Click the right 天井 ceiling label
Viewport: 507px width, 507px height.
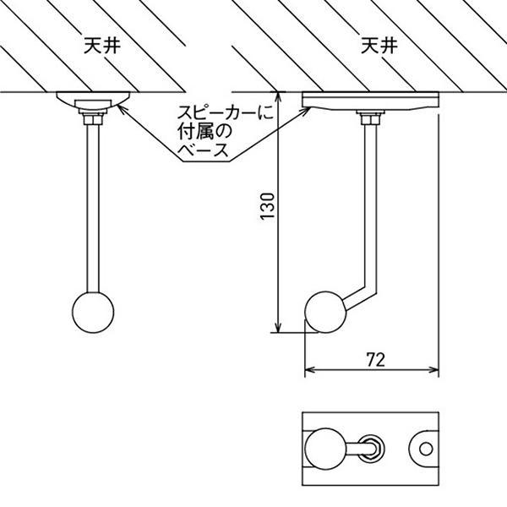coord(377,45)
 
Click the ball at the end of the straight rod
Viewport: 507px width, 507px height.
coord(94,312)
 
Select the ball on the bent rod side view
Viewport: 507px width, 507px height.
coord(325,311)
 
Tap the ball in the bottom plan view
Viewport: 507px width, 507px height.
coord(323,449)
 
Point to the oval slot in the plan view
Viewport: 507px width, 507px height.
coord(371,449)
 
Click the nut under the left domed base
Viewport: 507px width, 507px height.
coord(93,117)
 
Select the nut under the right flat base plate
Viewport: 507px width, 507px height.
coord(368,118)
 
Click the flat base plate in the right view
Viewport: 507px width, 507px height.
coord(372,101)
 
